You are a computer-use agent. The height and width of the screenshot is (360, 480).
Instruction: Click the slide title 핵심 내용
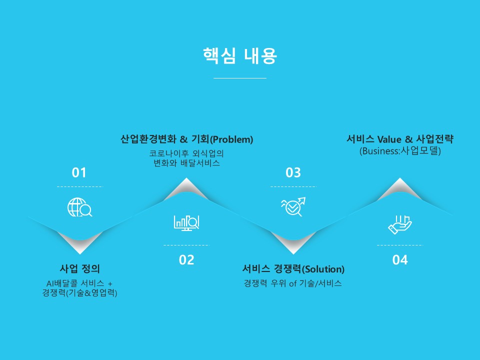[x=240, y=55]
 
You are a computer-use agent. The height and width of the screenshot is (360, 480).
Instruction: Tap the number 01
[x=79, y=172]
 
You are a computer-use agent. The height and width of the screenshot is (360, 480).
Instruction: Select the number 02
[x=186, y=260]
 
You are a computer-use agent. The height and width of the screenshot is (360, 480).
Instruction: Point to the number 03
[x=293, y=172]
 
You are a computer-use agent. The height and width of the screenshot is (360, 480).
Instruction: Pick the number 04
[x=400, y=260]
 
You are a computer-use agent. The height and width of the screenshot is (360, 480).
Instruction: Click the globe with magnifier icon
[x=79, y=207]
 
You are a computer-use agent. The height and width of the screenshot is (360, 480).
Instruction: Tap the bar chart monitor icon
[x=186, y=223]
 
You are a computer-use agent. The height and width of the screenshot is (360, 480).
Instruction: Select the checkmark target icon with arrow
[x=293, y=206]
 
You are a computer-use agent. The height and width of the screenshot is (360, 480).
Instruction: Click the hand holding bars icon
[x=400, y=224]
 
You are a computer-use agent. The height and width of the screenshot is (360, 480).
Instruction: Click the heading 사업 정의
[x=80, y=269]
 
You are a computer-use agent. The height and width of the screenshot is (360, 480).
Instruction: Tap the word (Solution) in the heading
[x=323, y=269]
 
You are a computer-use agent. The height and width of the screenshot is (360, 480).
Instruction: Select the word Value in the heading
[x=389, y=139]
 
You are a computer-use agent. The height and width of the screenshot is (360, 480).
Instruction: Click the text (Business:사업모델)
[x=400, y=151]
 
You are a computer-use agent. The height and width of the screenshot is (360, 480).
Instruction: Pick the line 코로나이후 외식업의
[x=186, y=153]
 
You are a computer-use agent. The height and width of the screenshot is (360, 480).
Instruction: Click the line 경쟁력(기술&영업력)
[x=79, y=293]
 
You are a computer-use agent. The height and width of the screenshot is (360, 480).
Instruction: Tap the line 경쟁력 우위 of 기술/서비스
[x=292, y=283]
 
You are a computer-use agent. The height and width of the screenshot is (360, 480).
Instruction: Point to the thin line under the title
[x=240, y=78]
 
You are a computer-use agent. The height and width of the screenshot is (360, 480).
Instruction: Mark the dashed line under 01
[x=80, y=186]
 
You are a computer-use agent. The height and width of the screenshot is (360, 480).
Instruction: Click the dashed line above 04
[x=400, y=245]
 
